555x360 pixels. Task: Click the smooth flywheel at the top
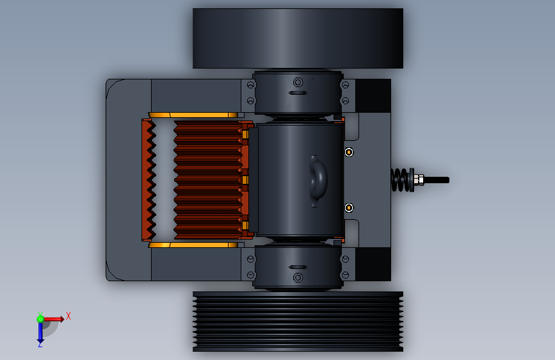(298, 38)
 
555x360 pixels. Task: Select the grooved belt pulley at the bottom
(298, 322)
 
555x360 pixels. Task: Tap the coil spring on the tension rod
(403, 180)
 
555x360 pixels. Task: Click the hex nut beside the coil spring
(419, 180)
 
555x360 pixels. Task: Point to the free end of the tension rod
(449, 180)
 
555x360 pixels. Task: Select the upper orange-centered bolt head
(349, 152)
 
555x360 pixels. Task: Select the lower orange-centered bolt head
(349, 208)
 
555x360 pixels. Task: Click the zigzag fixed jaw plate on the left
(149, 180)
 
